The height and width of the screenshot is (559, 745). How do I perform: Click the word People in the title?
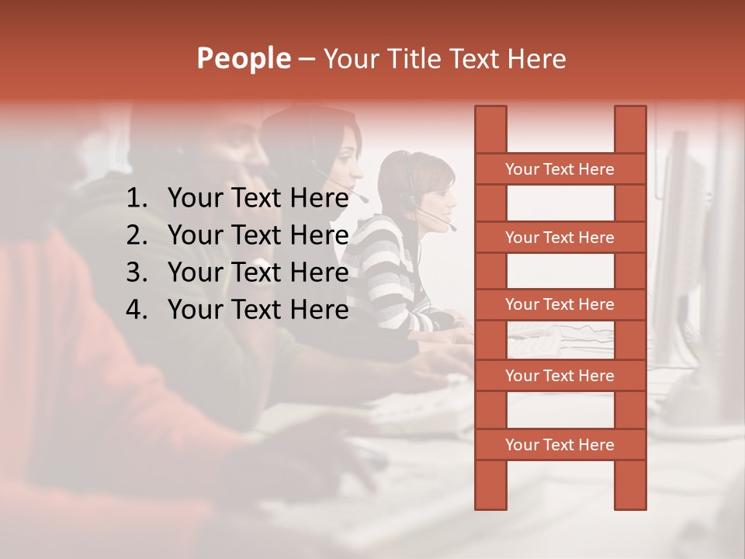[x=243, y=59]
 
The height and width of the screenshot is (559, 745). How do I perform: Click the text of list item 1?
[x=258, y=199]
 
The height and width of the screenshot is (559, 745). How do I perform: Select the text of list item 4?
[x=258, y=310]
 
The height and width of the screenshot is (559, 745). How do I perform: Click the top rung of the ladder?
[x=560, y=169]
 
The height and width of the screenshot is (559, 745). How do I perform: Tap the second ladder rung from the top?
[x=560, y=238]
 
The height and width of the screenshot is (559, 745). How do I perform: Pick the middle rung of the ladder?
[x=560, y=304]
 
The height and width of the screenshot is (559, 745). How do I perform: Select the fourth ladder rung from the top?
[x=560, y=376]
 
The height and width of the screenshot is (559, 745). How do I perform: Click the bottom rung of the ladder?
[x=560, y=445]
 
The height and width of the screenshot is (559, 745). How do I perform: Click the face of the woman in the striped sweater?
[x=438, y=198]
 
